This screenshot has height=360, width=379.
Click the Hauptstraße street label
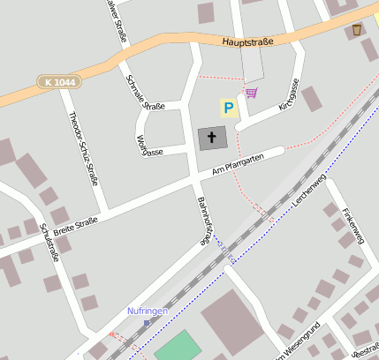click(x=247, y=41)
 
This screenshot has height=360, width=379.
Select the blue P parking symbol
click(x=229, y=109)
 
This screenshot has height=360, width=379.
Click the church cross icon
click(x=210, y=138)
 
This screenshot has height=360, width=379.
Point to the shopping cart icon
click(x=252, y=92)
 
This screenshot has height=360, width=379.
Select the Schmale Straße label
click(x=146, y=92)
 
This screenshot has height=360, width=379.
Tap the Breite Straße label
click(x=75, y=226)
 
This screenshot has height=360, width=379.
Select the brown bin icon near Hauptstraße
click(x=356, y=30)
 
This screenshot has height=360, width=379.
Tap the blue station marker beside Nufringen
click(x=147, y=323)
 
